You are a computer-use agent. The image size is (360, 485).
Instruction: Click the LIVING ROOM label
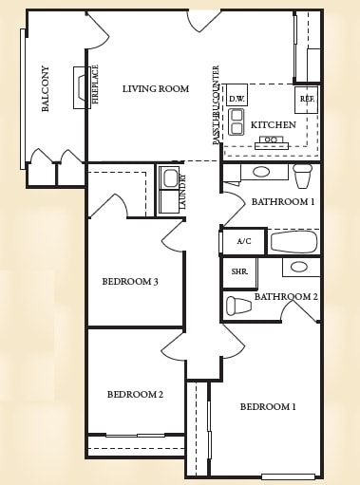(156, 88)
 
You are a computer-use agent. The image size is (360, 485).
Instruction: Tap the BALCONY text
(46, 88)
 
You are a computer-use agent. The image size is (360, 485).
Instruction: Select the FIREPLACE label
(95, 84)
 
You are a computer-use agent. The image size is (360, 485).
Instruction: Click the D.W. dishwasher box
(237, 95)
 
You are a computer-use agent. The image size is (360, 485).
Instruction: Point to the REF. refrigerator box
(306, 100)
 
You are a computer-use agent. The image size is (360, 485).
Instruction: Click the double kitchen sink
(237, 121)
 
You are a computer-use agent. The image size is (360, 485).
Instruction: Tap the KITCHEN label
(274, 125)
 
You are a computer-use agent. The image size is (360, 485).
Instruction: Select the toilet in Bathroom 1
(303, 176)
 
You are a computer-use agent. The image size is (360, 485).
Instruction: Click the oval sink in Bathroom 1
(261, 172)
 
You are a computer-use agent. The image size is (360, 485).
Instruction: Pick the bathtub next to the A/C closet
(294, 242)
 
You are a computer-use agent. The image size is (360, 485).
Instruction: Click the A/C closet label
(244, 241)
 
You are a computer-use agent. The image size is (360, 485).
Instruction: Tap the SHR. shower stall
(239, 272)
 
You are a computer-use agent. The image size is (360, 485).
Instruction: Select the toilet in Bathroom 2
(238, 306)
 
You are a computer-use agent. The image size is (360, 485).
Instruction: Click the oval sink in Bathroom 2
(299, 267)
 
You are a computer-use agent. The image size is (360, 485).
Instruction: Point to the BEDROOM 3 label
(130, 281)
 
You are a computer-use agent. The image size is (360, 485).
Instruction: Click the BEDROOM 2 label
(135, 395)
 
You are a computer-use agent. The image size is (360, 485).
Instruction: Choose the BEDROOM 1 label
(268, 406)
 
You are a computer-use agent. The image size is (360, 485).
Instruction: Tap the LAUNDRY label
(182, 192)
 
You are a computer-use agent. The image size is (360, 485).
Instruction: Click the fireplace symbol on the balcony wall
(80, 87)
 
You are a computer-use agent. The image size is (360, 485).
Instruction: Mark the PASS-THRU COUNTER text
(216, 105)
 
